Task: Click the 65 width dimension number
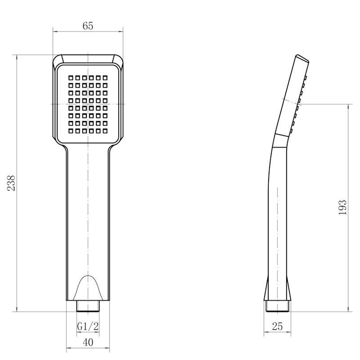point(88,26)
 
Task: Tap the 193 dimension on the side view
point(342,207)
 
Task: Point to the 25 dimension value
point(277,326)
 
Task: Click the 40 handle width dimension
point(88,342)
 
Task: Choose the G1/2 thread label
point(88,326)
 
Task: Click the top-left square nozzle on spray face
point(71,78)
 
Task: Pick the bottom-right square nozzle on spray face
point(105,131)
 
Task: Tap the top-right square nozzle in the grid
point(105,78)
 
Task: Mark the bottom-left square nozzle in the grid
point(71,131)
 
